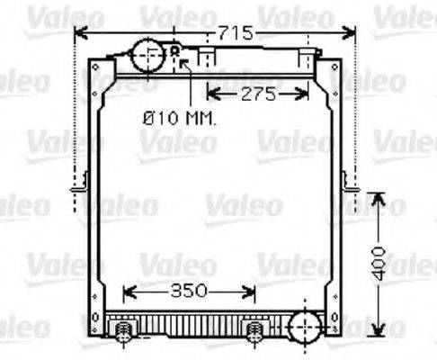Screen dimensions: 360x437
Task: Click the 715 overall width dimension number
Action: (236, 33)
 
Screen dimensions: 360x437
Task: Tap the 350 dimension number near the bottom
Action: (189, 291)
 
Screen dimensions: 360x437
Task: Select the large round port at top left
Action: (145, 56)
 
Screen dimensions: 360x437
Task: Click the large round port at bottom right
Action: (306, 325)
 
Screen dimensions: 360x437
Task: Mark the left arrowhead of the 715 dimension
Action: (77, 33)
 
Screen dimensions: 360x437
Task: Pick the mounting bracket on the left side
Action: (79, 184)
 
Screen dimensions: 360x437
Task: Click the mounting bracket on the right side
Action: (350, 184)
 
